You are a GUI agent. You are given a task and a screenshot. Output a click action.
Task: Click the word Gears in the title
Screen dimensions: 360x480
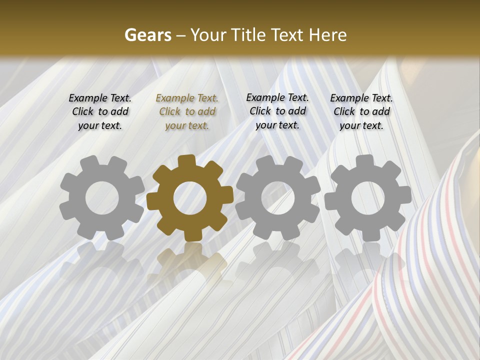click(x=147, y=35)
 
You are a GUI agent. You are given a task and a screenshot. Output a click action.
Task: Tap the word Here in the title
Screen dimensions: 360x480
click(x=327, y=35)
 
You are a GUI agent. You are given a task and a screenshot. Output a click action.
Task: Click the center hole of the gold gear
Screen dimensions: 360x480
click(x=190, y=198)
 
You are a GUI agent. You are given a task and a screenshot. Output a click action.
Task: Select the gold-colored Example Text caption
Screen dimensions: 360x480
click(x=187, y=112)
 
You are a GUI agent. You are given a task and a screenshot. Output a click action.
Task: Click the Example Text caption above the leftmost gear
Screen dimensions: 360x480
click(x=100, y=111)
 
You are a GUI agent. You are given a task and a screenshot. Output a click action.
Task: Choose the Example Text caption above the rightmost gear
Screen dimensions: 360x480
click(x=361, y=111)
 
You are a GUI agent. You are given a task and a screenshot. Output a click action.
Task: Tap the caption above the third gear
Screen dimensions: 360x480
click(x=277, y=111)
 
